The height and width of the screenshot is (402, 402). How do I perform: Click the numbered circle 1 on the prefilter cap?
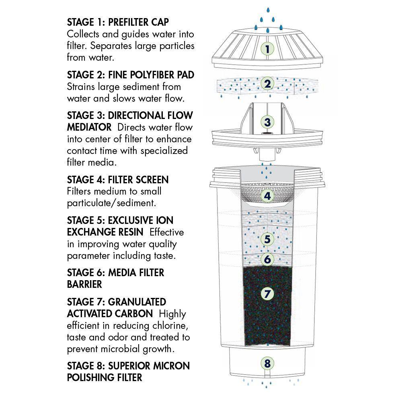click(267, 49)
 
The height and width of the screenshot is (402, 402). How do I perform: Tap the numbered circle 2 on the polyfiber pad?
click(267, 84)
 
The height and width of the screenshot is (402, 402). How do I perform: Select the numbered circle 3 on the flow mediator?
click(267, 122)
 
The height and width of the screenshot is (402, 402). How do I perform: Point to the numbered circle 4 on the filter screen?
click(267, 196)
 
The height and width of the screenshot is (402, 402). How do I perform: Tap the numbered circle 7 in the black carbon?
click(267, 294)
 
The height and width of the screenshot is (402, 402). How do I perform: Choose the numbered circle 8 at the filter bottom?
click(267, 364)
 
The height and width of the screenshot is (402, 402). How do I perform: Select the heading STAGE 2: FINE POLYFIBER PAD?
click(130, 75)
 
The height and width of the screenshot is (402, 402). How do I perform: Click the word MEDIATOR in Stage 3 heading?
click(89, 127)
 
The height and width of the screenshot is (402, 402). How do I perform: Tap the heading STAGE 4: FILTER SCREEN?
click(118, 180)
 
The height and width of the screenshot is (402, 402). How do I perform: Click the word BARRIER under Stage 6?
click(84, 285)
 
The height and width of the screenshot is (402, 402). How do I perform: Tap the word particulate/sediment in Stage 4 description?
click(111, 203)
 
